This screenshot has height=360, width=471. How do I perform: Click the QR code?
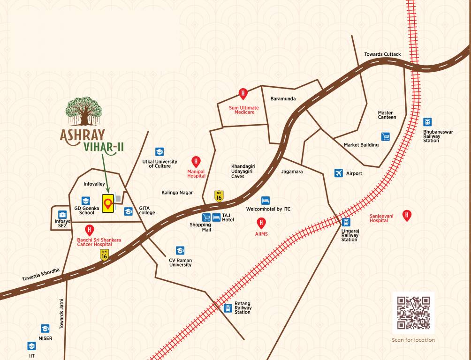point(413,313)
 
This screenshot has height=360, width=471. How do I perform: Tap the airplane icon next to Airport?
point(339,173)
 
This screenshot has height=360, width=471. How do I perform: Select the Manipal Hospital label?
point(196,173)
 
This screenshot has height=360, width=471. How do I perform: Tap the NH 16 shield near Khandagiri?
point(218,195)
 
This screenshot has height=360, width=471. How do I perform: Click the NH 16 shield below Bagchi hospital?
point(104,255)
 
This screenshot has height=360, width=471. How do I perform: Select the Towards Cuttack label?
point(382,54)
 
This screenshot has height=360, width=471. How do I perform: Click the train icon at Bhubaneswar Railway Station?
point(427,122)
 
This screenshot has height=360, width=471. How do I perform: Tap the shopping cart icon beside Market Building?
point(386,137)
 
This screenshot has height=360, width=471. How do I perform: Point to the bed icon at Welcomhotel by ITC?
point(266,200)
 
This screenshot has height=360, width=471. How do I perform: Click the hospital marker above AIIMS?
point(261,223)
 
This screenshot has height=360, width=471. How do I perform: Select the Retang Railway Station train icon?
point(228,308)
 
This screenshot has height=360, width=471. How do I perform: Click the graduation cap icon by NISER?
point(45,329)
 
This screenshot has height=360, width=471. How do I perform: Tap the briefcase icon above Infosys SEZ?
point(62,215)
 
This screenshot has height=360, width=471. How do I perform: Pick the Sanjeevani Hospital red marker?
point(407,215)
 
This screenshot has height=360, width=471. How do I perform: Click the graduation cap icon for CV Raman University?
point(180,251)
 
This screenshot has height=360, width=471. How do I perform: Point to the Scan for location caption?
point(413,340)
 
